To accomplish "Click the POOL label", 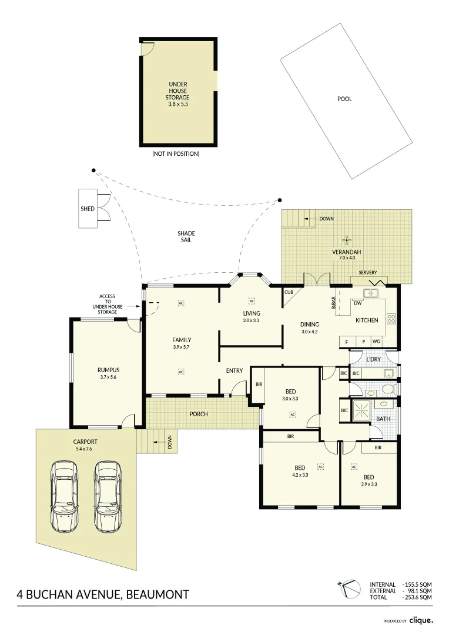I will [344, 99].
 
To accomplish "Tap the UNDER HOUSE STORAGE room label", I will [177, 94].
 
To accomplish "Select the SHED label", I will [88, 209].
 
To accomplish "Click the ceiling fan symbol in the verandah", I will [347, 239].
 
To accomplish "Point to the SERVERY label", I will [368, 273].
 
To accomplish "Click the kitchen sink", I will [370, 293].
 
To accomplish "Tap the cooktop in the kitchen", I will [391, 319].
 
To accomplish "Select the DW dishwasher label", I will [357, 303].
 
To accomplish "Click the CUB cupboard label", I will [289, 292].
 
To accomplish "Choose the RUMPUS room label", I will [108, 370].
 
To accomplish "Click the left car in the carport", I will [64, 495].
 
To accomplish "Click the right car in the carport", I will [107, 495].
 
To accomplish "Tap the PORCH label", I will [199, 414].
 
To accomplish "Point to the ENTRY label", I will [234, 370].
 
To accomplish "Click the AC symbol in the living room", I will [251, 300].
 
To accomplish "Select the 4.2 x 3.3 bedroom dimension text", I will [300, 475].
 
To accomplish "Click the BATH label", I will [383, 419].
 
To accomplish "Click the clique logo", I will [421, 620].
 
